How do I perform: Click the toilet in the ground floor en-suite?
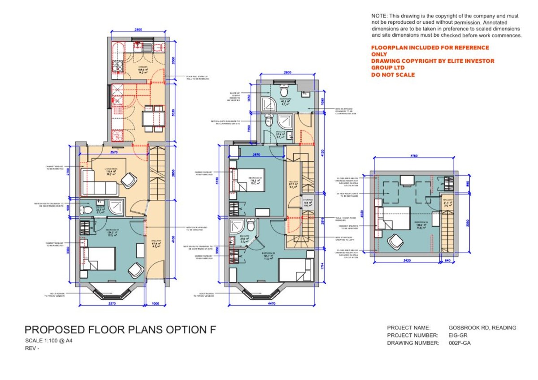tap(86, 209)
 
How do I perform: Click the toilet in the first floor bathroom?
tap(283, 86)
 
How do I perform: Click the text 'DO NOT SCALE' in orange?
tap(393, 75)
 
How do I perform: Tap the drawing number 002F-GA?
tap(460, 343)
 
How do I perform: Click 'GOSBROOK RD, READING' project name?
tap(482, 328)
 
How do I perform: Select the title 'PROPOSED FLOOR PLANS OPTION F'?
tap(120, 330)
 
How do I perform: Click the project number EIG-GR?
tap(458, 335)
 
